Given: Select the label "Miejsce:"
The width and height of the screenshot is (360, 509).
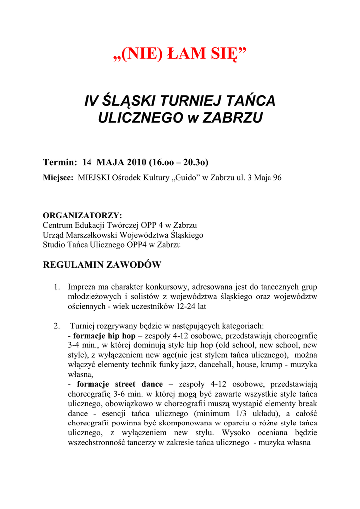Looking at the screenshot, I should coord(58,178).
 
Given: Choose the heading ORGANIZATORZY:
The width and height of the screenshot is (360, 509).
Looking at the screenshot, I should coord(82,215).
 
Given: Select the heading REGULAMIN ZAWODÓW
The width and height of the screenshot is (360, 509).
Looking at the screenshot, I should coord(102,265).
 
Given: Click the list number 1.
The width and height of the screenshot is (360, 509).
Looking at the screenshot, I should coord(57,287).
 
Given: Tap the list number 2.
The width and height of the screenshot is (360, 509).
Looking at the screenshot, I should coord(57,326).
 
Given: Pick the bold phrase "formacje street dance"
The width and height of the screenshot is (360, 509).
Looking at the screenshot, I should coord(120,384).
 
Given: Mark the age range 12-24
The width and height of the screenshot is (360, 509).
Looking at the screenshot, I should coord(181,307).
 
